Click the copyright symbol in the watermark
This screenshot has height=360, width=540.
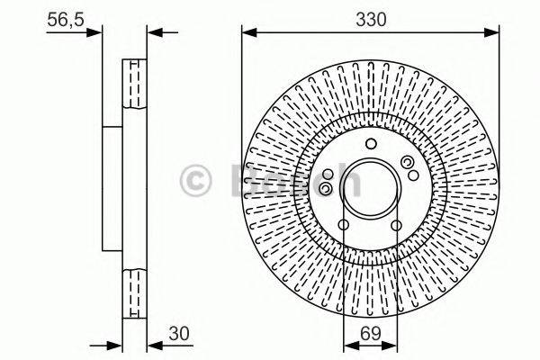coord(196,181)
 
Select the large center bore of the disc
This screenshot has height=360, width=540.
coord(370,190)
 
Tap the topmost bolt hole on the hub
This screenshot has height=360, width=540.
coord(370,148)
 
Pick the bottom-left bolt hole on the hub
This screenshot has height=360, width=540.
coord(344,226)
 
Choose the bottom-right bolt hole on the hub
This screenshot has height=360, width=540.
coord(396,226)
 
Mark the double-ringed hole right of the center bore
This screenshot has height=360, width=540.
coord(409,162)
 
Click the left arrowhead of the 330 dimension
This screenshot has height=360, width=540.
coord(247,34)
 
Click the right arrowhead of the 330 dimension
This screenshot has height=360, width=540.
coord(493,34)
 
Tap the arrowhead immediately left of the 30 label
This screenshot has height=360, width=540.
coord(151,344)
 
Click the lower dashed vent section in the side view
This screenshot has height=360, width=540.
coord(134,292)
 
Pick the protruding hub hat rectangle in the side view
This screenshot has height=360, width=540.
coord(112,190)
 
